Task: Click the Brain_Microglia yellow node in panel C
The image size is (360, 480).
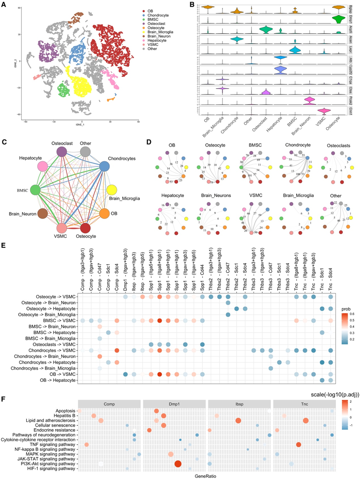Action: (111, 190)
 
